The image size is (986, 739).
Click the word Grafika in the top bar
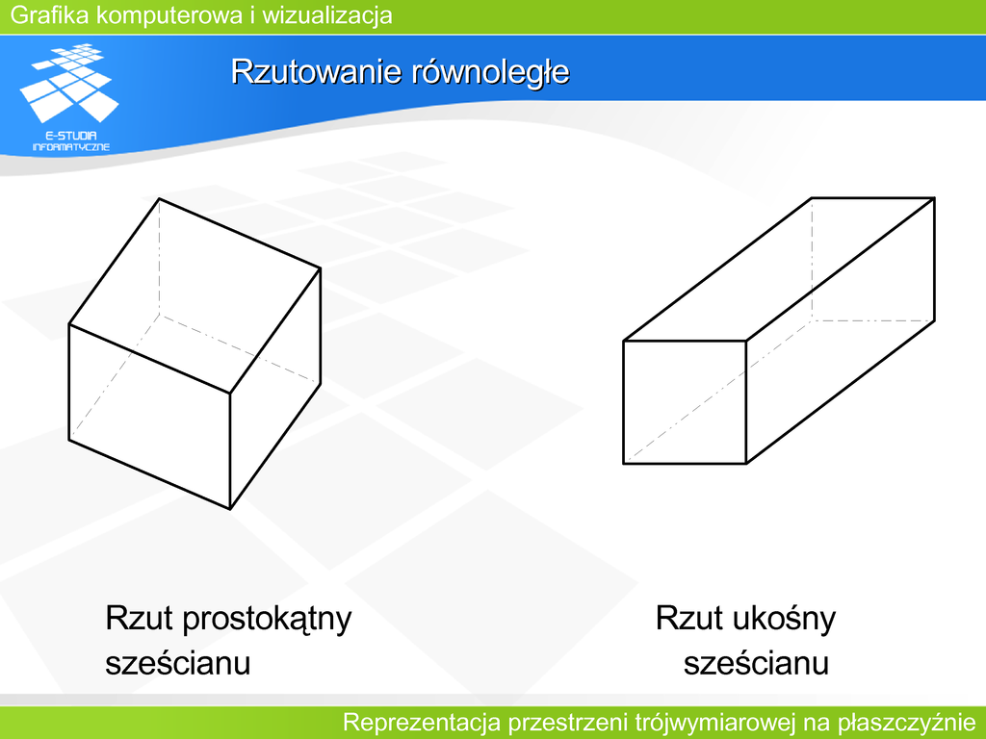pos(50,15)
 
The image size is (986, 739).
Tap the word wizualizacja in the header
pos(327,15)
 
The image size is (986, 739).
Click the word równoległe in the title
pos(491,71)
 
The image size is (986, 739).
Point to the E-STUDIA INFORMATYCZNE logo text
pos(71,141)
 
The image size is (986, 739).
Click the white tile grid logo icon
pos(69,83)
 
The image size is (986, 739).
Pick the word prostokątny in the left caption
pos(267,619)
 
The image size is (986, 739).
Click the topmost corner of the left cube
pos(159,198)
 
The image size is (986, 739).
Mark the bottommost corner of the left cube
pos(230,508)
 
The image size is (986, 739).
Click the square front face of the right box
pos(685,402)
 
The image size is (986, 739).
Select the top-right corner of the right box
pos(934,198)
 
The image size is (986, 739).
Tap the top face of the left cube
pos(195,296)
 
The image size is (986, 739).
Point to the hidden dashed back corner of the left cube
pos(159,315)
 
